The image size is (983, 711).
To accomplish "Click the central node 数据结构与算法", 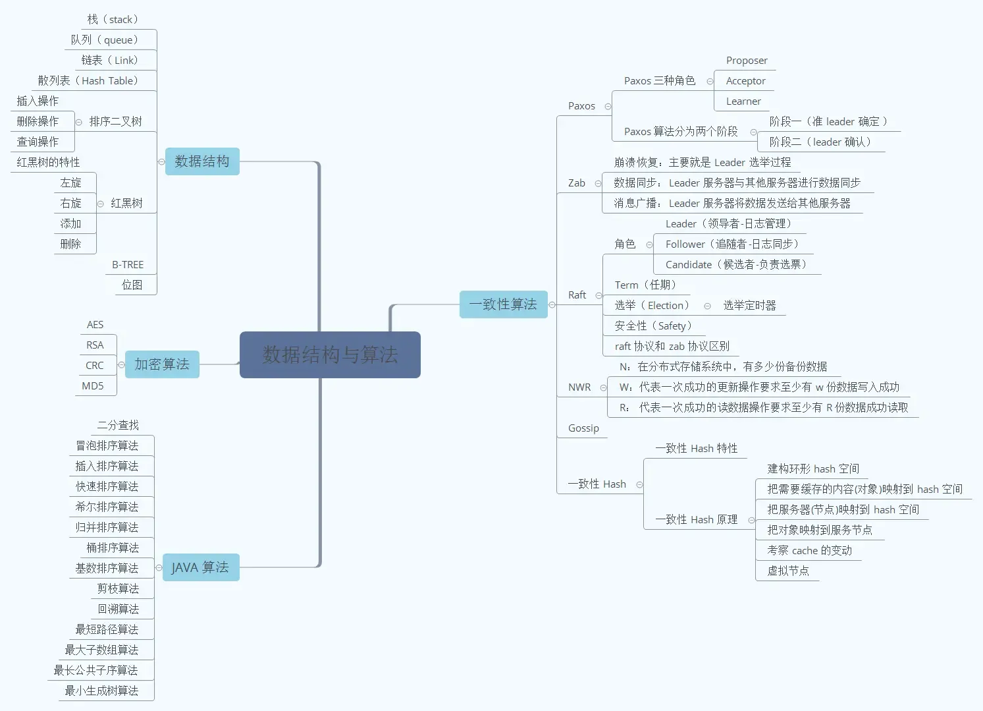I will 330,355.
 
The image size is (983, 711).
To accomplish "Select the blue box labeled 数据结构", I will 202,161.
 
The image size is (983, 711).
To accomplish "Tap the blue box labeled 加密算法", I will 162,364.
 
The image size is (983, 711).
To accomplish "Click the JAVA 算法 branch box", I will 200,567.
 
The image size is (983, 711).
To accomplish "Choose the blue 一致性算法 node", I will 503,304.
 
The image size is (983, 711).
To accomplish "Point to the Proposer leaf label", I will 747,61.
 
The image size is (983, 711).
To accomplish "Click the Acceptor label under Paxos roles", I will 745,81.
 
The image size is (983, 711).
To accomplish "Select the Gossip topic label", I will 583,428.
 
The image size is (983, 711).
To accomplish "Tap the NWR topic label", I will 579,387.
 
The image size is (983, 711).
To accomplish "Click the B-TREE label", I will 128,265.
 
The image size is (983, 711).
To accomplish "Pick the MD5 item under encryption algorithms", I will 93,386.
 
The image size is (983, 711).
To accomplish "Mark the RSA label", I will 95,345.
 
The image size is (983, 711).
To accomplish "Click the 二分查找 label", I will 118,426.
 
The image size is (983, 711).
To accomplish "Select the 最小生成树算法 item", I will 101,691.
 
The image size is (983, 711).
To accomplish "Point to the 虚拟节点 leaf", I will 788,571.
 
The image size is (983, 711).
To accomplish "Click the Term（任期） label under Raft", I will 645,285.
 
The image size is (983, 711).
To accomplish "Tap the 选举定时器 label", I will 749,306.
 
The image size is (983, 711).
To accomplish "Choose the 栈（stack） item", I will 113,20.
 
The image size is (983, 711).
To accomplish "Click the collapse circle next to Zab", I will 598,183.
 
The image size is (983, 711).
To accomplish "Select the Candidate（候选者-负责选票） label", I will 736,265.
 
